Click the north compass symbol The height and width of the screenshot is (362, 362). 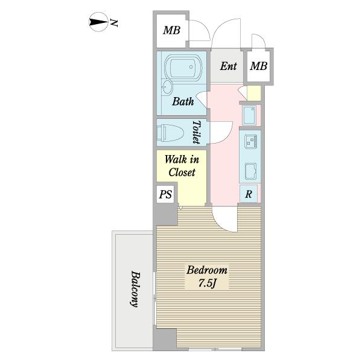pyautogui.click(x=98, y=22)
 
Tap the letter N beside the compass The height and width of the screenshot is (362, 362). pyautogui.click(x=114, y=23)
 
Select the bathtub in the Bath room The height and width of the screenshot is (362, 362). pyautogui.click(x=183, y=68)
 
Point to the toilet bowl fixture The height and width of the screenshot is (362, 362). pyautogui.click(x=170, y=133)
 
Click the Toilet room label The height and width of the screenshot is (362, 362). pyautogui.click(x=197, y=132)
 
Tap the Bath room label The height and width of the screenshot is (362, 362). pyautogui.click(x=183, y=101)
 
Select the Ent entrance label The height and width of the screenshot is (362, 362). pyautogui.click(x=228, y=66)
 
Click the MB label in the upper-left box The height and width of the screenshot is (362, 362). pyautogui.click(x=171, y=30)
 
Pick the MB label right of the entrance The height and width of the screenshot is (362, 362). pyautogui.click(x=259, y=66)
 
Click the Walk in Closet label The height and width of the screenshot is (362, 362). pyautogui.click(x=182, y=166)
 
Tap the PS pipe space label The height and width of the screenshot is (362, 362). pyautogui.click(x=165, y=194)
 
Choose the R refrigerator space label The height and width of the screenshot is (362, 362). pyautogui.click(x=249, y=194)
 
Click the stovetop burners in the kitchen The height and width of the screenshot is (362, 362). pyautogui.click(x=250, y=141)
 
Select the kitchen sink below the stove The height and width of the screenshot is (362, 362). pyautogui.click(x=251, y=171)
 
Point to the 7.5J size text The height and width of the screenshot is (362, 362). pyautogui.click(x=207, y=284)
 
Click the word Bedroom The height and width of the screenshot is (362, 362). pyautogui.click(x=207, y=270)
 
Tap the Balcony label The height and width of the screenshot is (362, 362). pyautogui.click(x=135, y=289)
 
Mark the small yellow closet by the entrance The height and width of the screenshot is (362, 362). pyautogui.click(x=254, y=93)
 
